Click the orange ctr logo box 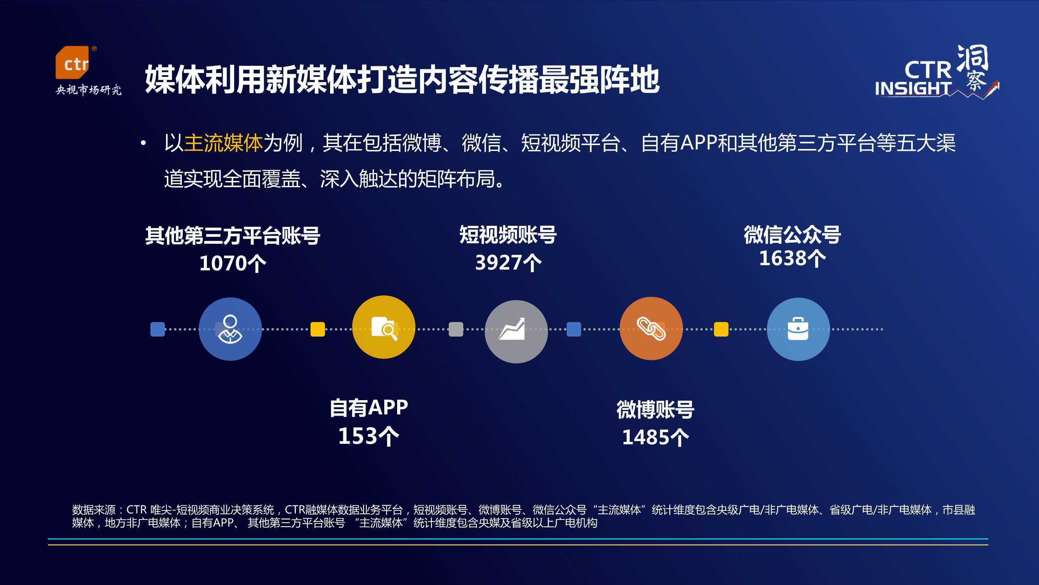click(72, 62)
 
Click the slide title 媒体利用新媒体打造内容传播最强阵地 click(402, 80)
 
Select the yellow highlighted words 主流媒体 click(223, 143)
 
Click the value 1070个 click(233, 263)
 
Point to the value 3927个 click(508, 262)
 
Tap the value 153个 click(369, 436)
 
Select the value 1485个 click(656, 437)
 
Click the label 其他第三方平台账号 click(233, 236)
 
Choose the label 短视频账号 click(508, 234)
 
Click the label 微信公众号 click(793, 234)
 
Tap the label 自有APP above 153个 click(369, 408)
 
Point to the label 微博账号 click(656, 410)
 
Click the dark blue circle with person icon click(230, 329)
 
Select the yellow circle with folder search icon click(383, 327)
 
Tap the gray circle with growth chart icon click(516, 331)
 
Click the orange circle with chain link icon click(651, 329)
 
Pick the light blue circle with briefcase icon click(798, 329)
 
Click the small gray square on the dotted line click(456, 329)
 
